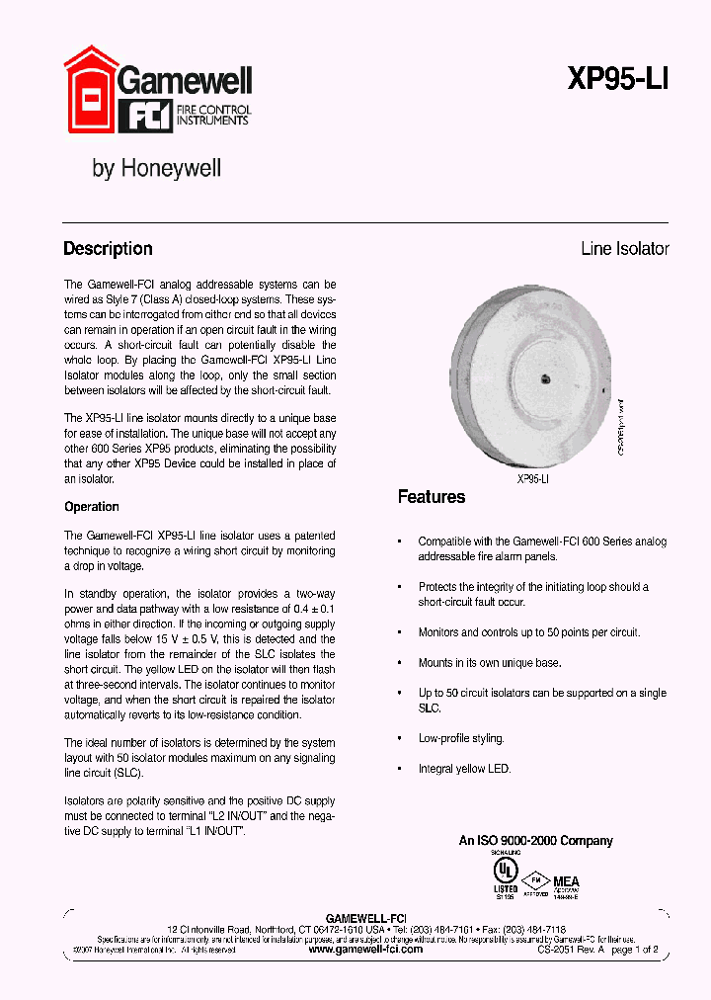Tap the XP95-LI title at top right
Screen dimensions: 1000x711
618,80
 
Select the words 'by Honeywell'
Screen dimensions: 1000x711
156,169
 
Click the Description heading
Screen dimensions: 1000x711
108,249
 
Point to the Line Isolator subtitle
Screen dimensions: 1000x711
624,249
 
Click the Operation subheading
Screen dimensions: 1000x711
92,507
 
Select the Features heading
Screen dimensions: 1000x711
431,497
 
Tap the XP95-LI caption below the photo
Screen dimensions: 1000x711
533,478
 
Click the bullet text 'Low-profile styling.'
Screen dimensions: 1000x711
461,739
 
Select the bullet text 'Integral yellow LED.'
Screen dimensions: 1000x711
464,769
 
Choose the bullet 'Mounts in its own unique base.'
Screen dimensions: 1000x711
489,663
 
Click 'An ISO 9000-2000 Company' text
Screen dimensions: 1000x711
535,841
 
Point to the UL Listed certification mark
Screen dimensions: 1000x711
506,873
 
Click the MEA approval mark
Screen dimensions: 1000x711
566,881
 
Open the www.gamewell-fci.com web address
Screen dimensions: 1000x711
365,949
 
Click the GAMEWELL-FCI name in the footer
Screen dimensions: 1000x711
365,918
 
